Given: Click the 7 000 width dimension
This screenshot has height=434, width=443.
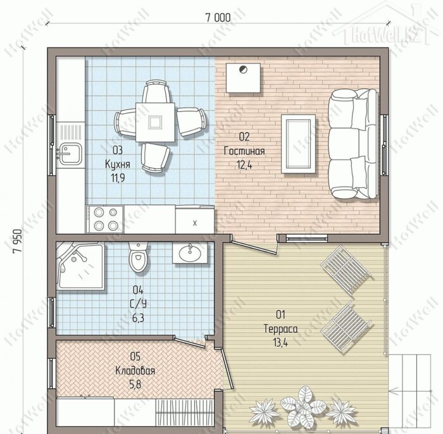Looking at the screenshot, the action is (x=218, y=18).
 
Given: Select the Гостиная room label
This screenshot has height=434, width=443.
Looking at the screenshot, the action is (x=244, y=151).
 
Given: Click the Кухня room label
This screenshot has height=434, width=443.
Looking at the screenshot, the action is (x=118, y=164).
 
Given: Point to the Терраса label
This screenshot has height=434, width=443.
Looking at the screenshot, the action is (x=280, y=329).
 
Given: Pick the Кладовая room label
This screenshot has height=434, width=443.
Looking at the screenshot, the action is (x=135, y=371).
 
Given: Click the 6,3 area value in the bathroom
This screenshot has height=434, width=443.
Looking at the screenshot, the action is (x=138, y=318).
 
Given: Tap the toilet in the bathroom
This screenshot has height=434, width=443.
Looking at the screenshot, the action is (x=138, y=257).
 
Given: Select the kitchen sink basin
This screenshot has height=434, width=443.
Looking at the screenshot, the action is (x=70, y=154).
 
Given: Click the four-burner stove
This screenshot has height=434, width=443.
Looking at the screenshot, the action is (x=105, y=220).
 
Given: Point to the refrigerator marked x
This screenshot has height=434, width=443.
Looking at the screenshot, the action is (x=195, y=220).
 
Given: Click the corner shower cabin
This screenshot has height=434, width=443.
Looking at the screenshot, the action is (x=80, y=266).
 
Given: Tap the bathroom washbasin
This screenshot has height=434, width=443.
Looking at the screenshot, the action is (x=190, y=252).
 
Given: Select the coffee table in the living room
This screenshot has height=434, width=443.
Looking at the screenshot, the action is (x=298, y=144).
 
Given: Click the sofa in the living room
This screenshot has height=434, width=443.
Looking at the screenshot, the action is (x=353, y=144).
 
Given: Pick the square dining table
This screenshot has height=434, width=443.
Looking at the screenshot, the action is (x=155, y=122).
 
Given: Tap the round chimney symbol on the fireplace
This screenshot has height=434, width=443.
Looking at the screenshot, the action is (x=243, y=69).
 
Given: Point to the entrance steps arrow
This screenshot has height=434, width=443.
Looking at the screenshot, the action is (x=410, y=391).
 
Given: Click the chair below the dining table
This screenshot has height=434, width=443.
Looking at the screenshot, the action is (x=155, y=158).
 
